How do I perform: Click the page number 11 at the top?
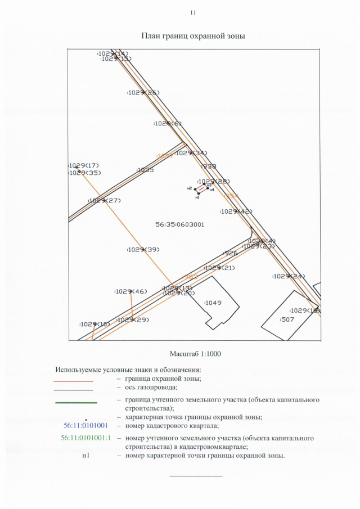(x=193, y=12)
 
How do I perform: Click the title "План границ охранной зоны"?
(x=193, y=36)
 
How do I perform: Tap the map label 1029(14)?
(x=112, y=53)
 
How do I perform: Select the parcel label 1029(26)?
(x=143, y=92)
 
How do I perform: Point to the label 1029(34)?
(x=192, y=153)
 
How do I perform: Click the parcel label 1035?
(x=145, y=170)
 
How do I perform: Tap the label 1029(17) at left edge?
(x=84, y=165)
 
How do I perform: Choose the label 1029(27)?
(x=105, y=201)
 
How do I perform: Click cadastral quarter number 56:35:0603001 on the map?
(x=179, y=224)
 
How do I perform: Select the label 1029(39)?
(x=143, y=249)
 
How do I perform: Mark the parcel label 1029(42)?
(x=236, y=211)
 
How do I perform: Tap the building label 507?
(x=287, y=319)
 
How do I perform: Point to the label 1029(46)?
(x=131, y=291)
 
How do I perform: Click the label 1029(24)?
(x=289, y=276)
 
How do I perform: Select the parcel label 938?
(x=209, y=166)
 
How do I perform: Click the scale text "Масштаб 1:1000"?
(x=193, y=354)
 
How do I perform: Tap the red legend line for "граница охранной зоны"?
(x=73, y=382)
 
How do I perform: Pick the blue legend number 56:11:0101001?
(x=85, y=426)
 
